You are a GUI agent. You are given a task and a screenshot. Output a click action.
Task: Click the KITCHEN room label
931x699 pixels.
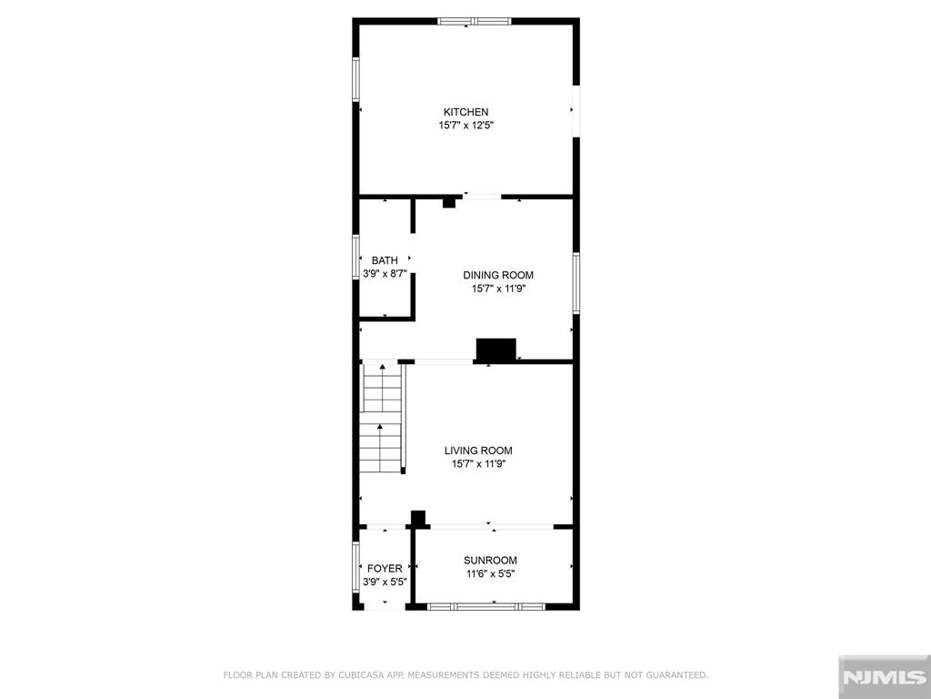click(466, 112)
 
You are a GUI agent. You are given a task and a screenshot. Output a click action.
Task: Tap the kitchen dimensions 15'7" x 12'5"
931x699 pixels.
click(466, 126)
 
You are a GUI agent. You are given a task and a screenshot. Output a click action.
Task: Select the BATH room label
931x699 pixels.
click(385, 260)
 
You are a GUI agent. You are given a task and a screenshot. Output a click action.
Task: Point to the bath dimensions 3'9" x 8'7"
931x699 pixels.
click(385, 274)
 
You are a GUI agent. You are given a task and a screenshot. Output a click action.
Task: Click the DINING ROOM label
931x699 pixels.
click(498, 275)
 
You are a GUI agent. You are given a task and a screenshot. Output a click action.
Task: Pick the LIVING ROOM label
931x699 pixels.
click(478, 451)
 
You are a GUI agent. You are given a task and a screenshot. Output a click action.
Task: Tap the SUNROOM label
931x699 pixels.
click(490, 560)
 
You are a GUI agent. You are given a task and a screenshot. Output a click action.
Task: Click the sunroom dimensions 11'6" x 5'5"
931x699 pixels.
click(490, 573)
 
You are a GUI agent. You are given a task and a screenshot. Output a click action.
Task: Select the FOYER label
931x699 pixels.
click(385, 569)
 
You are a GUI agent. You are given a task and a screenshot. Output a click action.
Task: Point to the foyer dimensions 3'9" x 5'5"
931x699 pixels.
click(385, 582)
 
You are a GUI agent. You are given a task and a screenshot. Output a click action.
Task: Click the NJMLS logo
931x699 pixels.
click(885, 677)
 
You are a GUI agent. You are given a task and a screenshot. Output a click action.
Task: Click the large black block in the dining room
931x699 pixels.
click(496, 349)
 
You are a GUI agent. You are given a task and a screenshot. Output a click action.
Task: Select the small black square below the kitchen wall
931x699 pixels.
click(449, 203)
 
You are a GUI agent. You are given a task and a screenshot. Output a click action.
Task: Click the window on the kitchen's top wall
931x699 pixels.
click(475, 22)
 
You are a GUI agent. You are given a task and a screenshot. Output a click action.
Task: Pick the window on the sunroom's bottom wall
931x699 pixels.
click(486, 607)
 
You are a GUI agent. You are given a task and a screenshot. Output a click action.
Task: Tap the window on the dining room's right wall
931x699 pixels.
click(576, 283)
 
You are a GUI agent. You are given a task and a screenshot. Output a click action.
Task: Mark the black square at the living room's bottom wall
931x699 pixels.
click(418, 518)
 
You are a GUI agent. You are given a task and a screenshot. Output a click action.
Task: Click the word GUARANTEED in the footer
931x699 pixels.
click(676, 675)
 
